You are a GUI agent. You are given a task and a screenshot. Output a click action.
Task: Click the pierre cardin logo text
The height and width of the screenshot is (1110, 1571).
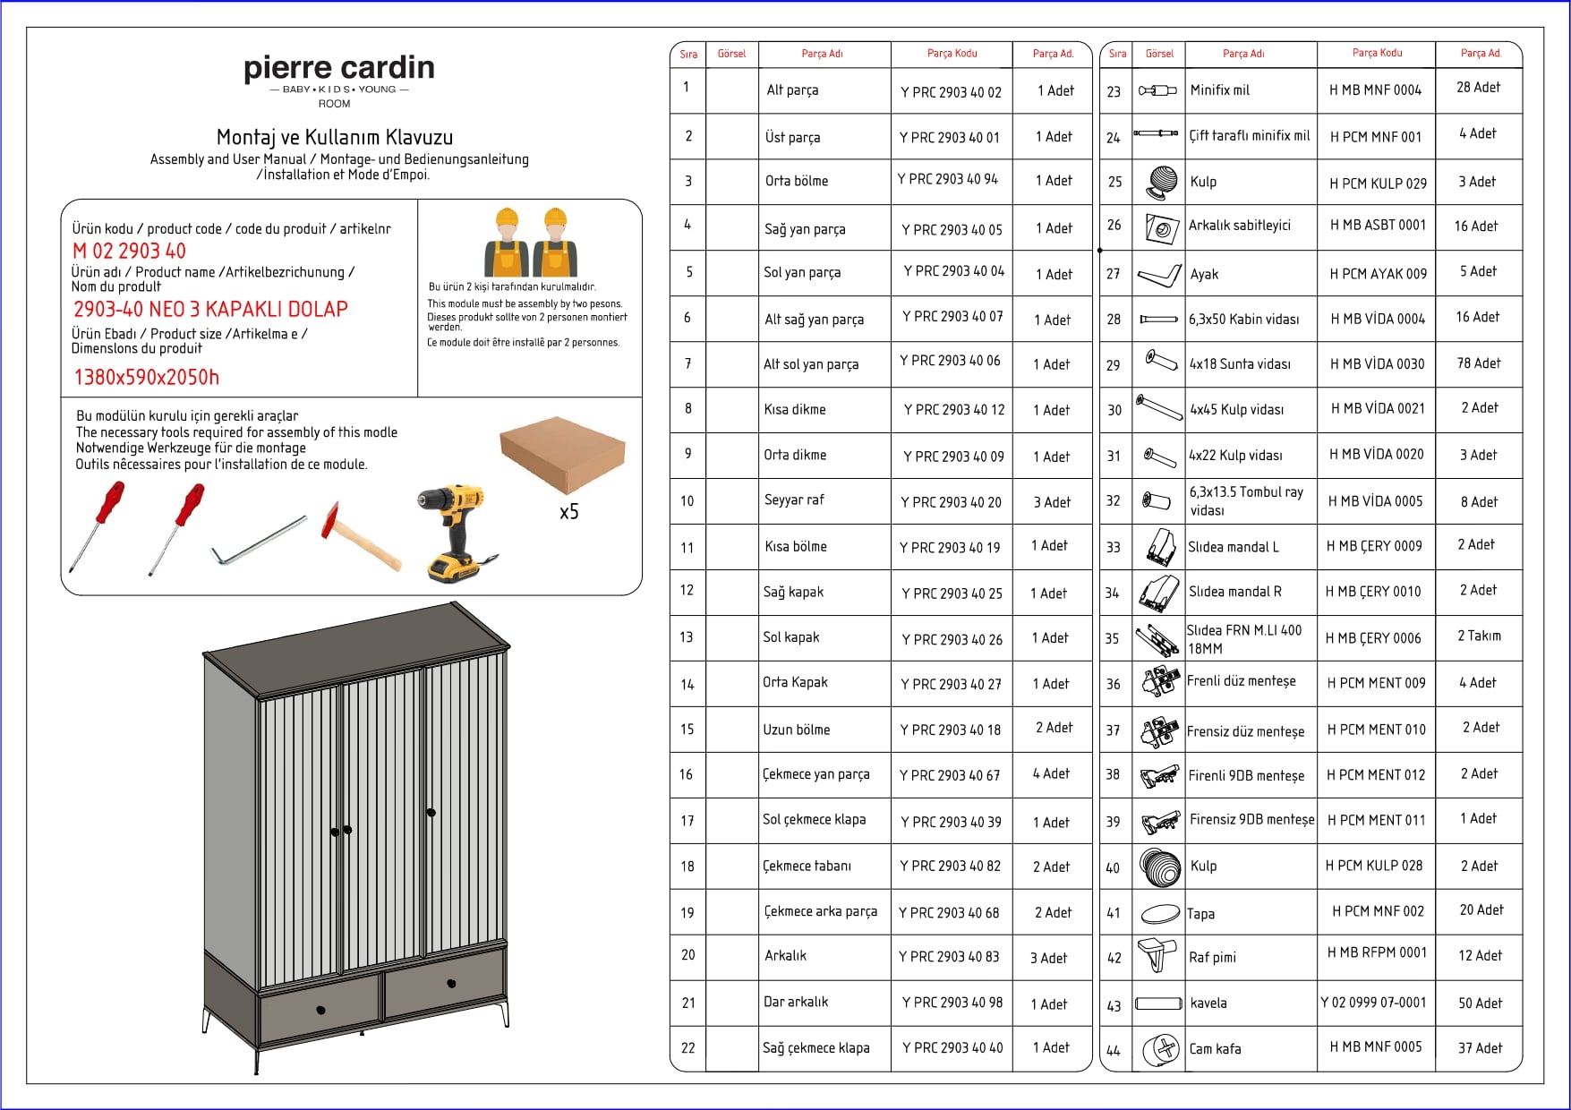click(338, 68)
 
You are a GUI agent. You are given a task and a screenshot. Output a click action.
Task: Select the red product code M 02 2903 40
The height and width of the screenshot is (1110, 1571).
click(129, 251)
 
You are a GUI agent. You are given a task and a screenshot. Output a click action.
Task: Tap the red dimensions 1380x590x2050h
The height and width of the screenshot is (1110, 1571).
click(146, 377)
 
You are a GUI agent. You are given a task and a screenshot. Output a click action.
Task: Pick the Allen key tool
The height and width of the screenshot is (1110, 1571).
click(257, 540)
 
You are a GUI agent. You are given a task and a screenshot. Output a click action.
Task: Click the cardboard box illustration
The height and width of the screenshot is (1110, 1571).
click(562, 453)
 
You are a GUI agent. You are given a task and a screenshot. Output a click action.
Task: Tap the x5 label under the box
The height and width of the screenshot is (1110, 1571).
click(568, 512)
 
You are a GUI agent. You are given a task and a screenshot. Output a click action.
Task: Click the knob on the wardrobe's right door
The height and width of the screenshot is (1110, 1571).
click(431, 813)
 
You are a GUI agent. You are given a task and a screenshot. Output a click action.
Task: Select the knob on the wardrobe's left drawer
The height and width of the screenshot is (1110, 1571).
click(321, 1011)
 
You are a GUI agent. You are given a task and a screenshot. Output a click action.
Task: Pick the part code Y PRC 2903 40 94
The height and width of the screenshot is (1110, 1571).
click(947, 179)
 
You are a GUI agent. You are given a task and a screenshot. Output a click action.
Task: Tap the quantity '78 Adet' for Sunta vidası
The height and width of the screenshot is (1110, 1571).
click(1478, 363)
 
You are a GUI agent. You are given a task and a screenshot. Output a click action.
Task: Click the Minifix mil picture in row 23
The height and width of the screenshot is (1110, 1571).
click(1157, 90)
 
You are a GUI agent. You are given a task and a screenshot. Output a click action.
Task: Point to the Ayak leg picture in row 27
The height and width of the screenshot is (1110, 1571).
click(1159, 275)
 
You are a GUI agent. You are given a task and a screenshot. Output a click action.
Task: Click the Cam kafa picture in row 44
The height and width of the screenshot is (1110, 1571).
click(1161, 1048)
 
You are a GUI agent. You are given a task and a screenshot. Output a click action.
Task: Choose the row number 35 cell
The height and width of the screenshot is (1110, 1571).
click(1112, 638)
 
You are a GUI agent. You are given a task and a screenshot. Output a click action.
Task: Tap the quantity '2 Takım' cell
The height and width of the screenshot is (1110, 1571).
click(1479, 636)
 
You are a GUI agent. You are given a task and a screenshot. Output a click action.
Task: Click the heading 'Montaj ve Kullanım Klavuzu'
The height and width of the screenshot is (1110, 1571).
click(335, 137)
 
